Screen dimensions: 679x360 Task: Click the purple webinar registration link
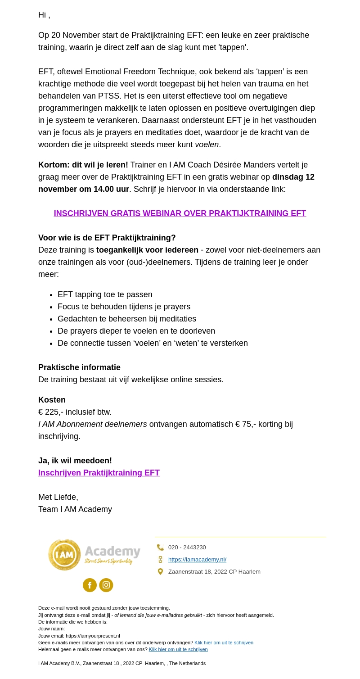180,213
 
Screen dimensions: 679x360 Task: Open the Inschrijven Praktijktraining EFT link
99,473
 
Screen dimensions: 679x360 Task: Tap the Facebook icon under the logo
90,585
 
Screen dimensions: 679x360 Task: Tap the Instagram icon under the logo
106,585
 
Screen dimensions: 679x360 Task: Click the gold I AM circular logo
65,555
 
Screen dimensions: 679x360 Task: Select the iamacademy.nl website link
197,560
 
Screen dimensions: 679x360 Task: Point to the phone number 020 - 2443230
187,548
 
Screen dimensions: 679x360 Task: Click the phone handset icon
160,548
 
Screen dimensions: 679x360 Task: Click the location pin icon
160,572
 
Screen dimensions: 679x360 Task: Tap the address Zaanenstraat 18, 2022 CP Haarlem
214,572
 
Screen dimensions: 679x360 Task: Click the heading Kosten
52,400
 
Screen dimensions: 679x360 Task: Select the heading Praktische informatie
79,367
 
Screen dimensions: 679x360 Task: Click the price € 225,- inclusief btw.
75,412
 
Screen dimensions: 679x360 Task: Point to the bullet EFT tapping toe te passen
105,294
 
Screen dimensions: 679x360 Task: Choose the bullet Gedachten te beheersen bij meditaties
127,319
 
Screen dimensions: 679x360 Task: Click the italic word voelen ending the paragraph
207,145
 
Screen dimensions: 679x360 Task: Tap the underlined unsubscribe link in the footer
178,649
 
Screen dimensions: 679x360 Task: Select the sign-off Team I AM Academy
75,509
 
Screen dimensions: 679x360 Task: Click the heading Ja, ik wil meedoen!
75,461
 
